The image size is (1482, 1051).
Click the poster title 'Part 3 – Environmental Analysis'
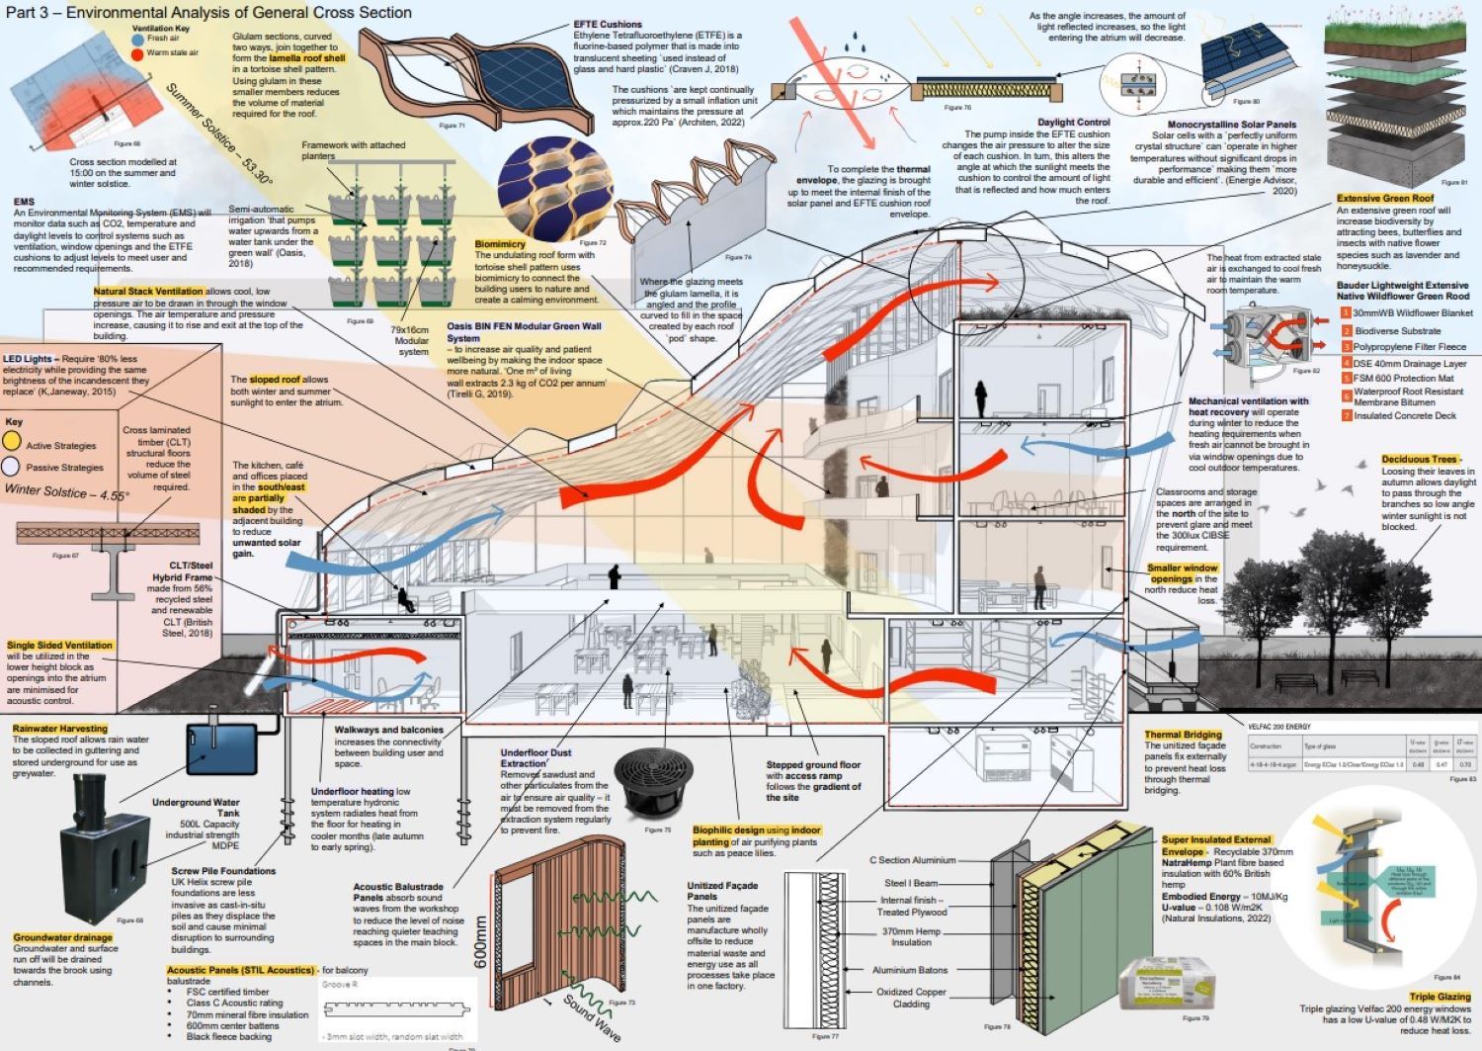point(208,13)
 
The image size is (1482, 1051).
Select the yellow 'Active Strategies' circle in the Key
point(12,443)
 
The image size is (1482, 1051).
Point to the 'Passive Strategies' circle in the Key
point(11,467)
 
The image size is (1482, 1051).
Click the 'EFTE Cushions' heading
point(608,24)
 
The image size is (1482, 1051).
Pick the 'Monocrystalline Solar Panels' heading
point(1231,126)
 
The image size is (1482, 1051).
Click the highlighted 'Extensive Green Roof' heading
point(1384,199)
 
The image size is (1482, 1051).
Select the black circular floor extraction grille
point(652,780)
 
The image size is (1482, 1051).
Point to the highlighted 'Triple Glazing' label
point(1440,997)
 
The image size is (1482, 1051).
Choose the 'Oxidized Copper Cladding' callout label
point(911,998)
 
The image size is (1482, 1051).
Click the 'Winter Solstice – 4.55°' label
point(66,491)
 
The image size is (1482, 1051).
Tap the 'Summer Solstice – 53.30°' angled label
point(218,134)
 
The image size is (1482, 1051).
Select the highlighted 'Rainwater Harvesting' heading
point(60,729)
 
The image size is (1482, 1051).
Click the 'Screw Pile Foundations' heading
point(223,871)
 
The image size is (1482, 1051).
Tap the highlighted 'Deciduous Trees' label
point(1419,460)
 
